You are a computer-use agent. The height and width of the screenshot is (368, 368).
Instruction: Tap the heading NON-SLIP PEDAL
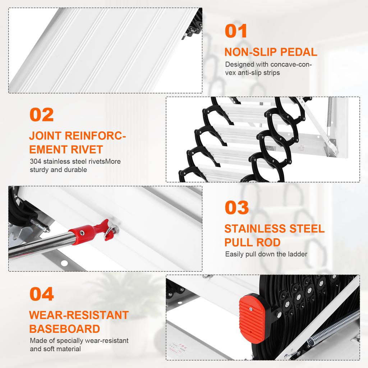click(271, 52)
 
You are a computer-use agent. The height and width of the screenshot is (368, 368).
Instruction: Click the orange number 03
click(237, 208)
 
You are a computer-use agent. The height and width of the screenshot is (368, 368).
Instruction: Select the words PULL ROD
click(252, 242)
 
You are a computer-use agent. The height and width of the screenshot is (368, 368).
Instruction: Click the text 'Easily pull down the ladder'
click(266, 254)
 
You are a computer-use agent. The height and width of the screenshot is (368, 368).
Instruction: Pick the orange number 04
click(42, 294)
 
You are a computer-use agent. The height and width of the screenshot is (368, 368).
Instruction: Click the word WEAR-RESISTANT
click(79, 315)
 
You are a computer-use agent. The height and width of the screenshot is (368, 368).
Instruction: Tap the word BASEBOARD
click(64, 329)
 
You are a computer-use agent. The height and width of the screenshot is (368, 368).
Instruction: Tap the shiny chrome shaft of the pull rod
click(40, 245)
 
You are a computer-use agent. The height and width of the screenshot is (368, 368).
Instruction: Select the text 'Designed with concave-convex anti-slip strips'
click(268, 69)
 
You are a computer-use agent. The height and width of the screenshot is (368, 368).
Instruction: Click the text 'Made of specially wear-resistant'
click(79, 341)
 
